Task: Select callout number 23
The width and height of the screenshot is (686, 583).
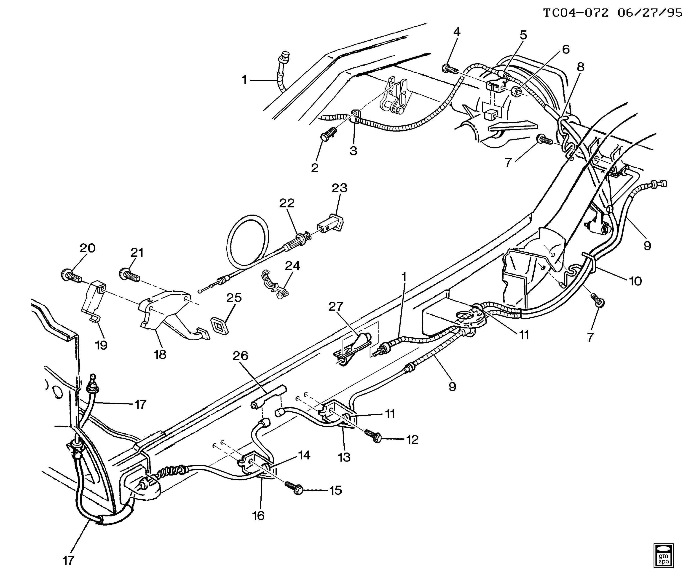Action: pyautogui.click(x=339, y=188)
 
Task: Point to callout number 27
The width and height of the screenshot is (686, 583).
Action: pyautogui.click(x=336, y=306)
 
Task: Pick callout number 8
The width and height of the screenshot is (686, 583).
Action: pyautogui.click(x=581, y=67)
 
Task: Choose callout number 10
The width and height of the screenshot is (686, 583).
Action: pyautogui.click(x=635, y=281)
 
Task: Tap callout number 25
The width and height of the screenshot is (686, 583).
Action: pyautogui.click(x=234, y=298)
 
